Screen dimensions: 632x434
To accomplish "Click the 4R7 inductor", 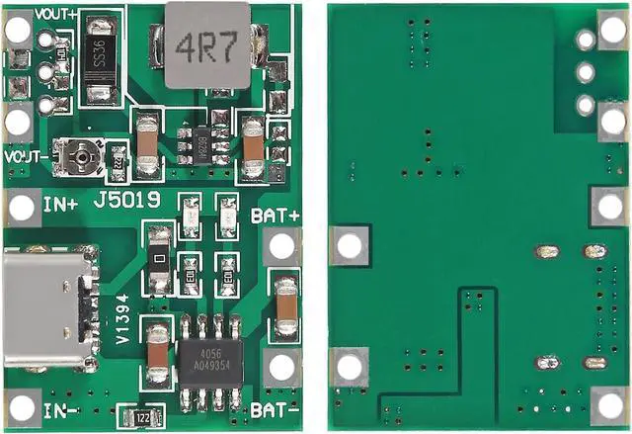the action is pos(206,43).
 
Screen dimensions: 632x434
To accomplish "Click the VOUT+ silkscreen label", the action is pos(57,13).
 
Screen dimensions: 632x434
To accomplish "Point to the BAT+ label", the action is pos(276,215).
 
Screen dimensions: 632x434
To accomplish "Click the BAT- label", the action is pos(276,408).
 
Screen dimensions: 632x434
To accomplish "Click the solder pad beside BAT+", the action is pos(281,248).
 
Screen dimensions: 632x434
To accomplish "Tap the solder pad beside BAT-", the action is pos(281,367).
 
